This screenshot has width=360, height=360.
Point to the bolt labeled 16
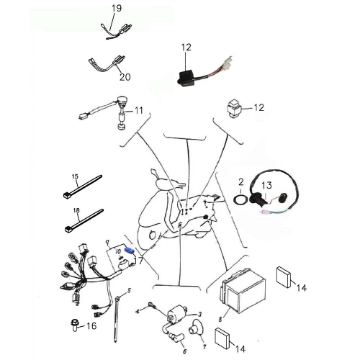click(75, 325)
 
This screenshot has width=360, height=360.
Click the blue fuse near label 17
click(130, 249)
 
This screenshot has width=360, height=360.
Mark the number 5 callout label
click(130, 290)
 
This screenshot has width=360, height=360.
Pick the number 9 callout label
click(107, 243)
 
